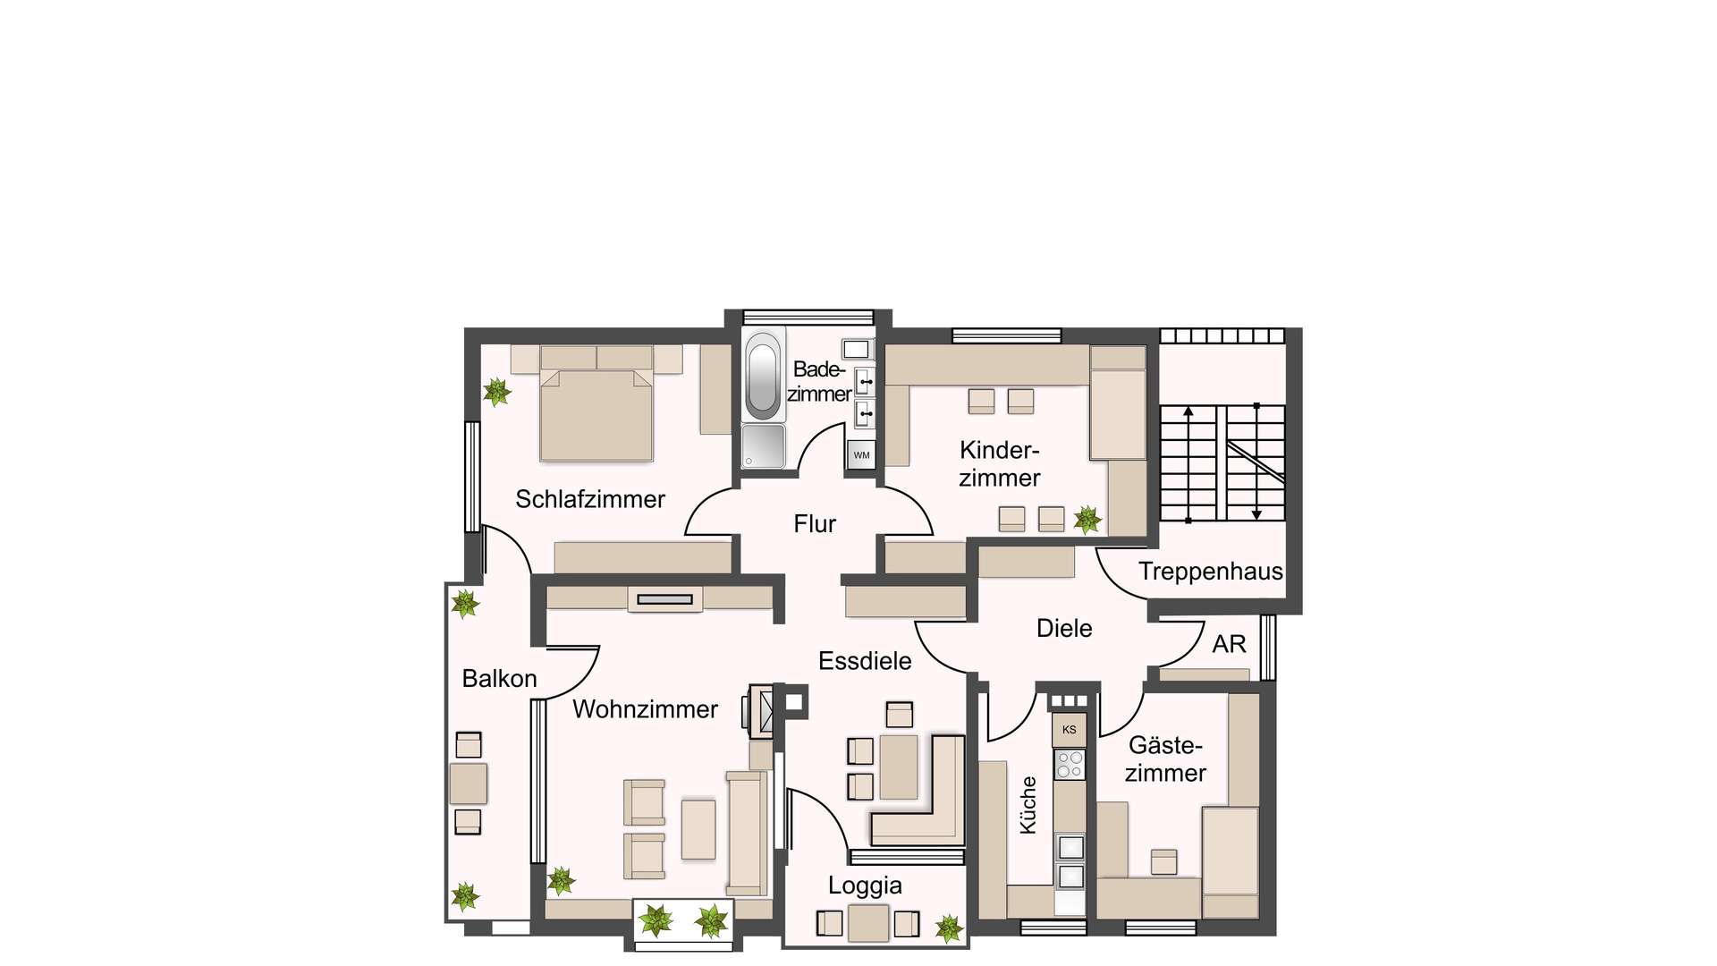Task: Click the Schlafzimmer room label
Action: click(590, 499)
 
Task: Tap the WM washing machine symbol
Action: click(861, 454)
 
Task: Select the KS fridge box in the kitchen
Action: click(1069, 730)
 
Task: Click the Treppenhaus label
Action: click(1210, 572)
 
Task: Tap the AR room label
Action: click(1229, 644)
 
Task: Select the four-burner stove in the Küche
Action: click(1070, 765)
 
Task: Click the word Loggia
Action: click(865, 885)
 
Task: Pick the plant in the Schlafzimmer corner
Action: click(496, 391)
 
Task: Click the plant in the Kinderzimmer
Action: click(1087, 519)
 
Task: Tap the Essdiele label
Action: click(865, 661)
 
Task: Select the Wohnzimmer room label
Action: click(645, 709)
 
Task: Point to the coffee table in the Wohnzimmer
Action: click(698, 829)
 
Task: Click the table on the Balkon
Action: click(468, 784)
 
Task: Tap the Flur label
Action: click(815, 524)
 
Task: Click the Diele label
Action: click(1064, 628)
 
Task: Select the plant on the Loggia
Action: click(949, 928)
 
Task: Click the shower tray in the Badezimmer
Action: click(763, 445)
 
